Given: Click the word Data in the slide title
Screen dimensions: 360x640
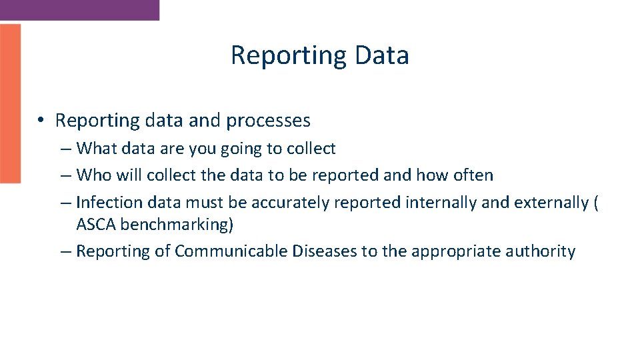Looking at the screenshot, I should point(382,55).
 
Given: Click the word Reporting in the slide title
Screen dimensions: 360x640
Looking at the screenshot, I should point(289,55).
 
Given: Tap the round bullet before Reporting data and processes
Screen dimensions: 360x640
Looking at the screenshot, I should point(41,121).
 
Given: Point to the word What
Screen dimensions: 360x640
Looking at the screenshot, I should point(97,149).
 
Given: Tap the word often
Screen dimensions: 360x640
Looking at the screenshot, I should point(473,175).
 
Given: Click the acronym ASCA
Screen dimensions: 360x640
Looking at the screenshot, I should point(96,225).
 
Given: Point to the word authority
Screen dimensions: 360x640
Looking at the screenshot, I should point(543,251).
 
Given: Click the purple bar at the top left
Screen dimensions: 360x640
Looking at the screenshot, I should point(79,9).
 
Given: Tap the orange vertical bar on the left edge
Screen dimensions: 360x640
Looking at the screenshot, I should point(10,103).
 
